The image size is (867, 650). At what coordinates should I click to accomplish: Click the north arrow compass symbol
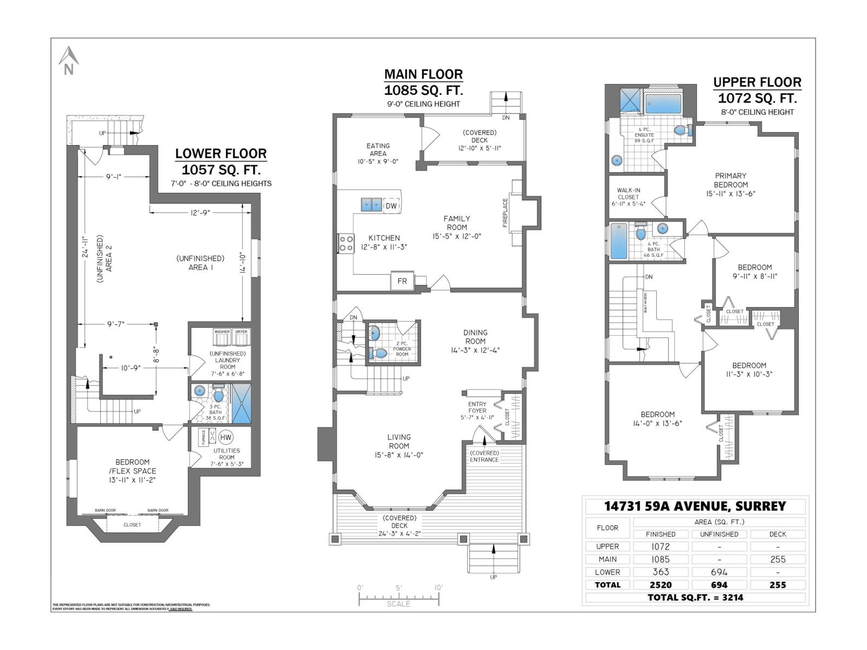click(68, 60)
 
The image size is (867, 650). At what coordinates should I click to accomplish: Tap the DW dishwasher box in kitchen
click(391, 206)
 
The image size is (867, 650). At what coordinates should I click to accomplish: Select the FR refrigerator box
click(402, 281)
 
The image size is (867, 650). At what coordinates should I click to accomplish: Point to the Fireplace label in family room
click(505, 213)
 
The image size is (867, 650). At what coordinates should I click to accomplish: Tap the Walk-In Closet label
click(628, 197)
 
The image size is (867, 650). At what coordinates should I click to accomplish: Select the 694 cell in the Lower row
click(719, 571)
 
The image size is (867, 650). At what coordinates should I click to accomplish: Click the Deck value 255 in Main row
click(778, 559)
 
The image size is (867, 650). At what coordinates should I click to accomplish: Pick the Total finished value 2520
click(660, 584)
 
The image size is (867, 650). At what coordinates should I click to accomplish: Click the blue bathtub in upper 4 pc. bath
click(618, 241)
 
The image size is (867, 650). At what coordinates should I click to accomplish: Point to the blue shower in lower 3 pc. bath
click(241, 404)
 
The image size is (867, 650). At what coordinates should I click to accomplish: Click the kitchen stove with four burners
click(346, 243)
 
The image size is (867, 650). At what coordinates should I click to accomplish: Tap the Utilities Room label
click(227, 454)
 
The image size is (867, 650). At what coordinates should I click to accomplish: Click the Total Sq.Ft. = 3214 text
click(695, 597)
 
